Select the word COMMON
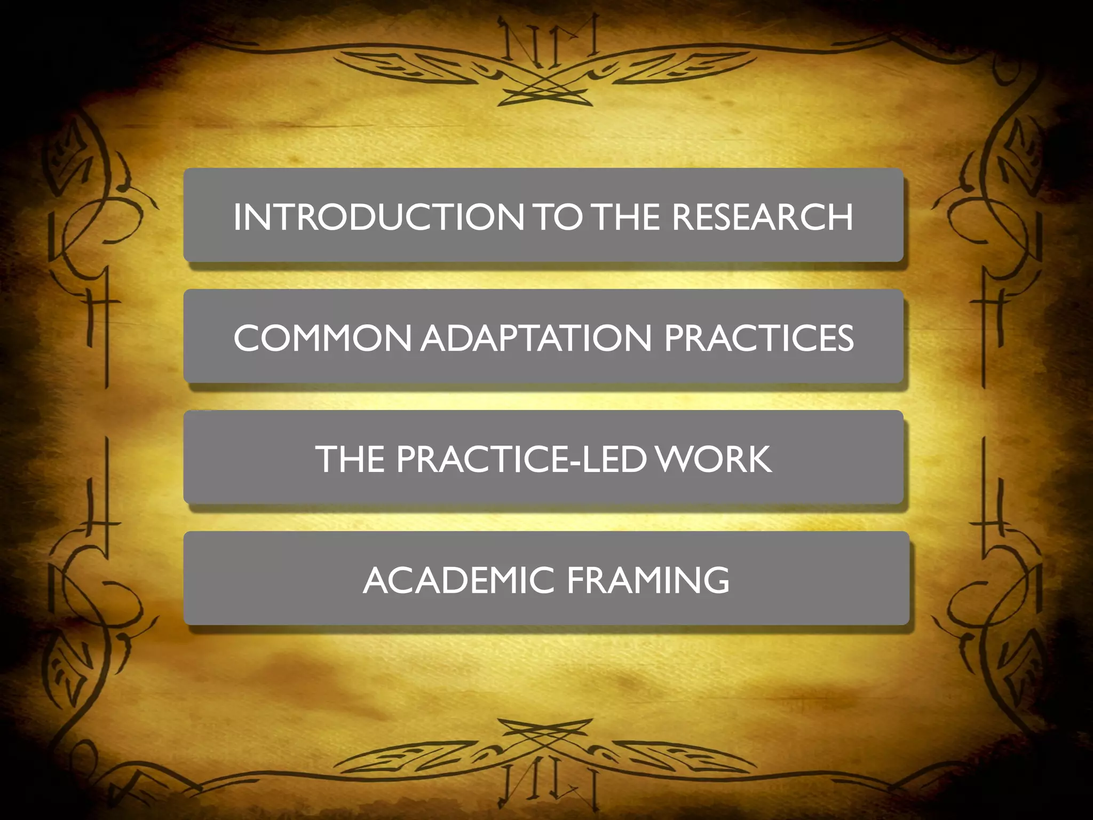click(x=322, y=338)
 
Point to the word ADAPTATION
click(x=536, y=338)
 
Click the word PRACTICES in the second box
click(x=758, y=338)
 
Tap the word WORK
click(x=714, y=459)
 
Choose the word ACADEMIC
click(x=458, y=580)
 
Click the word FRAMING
click(x=648, y=580)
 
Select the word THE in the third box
click(x=350, y=459)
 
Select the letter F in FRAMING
click(x=576, y=580)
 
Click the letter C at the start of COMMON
click(x=250, y=338)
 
